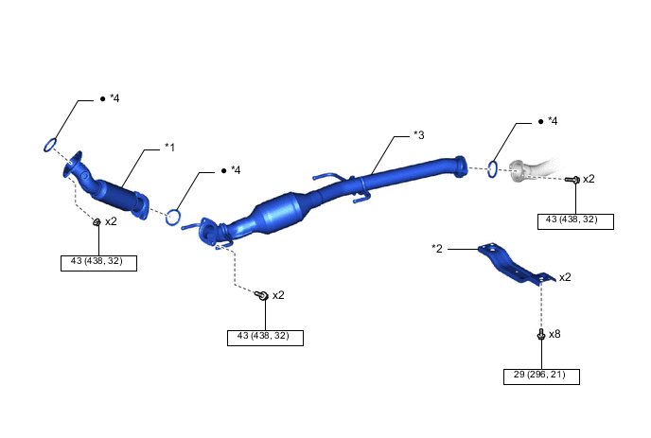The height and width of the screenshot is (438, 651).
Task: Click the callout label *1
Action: [x=169, y=148]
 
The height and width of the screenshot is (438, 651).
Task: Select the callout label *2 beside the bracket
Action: [x=437, y=248]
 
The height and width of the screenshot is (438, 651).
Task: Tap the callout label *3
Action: [x=419, y=135]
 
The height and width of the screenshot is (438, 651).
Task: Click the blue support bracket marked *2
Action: [x=516, y=263]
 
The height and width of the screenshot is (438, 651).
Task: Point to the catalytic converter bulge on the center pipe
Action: [x=282, y=213]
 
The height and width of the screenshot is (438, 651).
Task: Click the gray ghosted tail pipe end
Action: [x=531, y=169]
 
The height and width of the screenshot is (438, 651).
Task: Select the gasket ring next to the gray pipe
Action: [x=492, y=169]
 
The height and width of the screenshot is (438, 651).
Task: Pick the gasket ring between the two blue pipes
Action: [x=173, y=218]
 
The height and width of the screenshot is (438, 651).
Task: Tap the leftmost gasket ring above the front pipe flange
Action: [x=50, y=145]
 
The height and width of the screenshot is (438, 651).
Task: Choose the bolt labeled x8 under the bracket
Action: [x=540, y=334]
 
